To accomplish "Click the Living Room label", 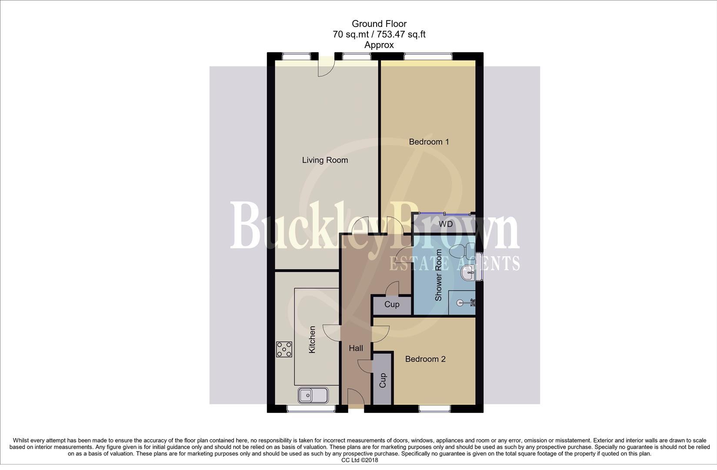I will [x=325, y=160].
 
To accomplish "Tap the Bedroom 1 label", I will [x=429, y=142].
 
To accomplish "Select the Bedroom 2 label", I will [x=425, y=359].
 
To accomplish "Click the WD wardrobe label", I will [x=445, y=225].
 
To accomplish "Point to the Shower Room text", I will [x=438, y=275].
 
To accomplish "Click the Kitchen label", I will [x=312, y=339].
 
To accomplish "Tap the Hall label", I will [x=356, y=348].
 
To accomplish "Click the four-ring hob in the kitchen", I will [x=284, y=349].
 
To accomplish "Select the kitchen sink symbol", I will [x=313, y=395].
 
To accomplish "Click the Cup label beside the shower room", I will [x=391, y=304].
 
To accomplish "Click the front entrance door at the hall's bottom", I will [x=356, y=398].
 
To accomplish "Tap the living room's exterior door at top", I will [x=326, y=67].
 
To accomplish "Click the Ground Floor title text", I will [x=379, y=24].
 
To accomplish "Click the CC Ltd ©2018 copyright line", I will [x=359, y=460].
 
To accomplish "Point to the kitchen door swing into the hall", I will [x=332, y=333].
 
